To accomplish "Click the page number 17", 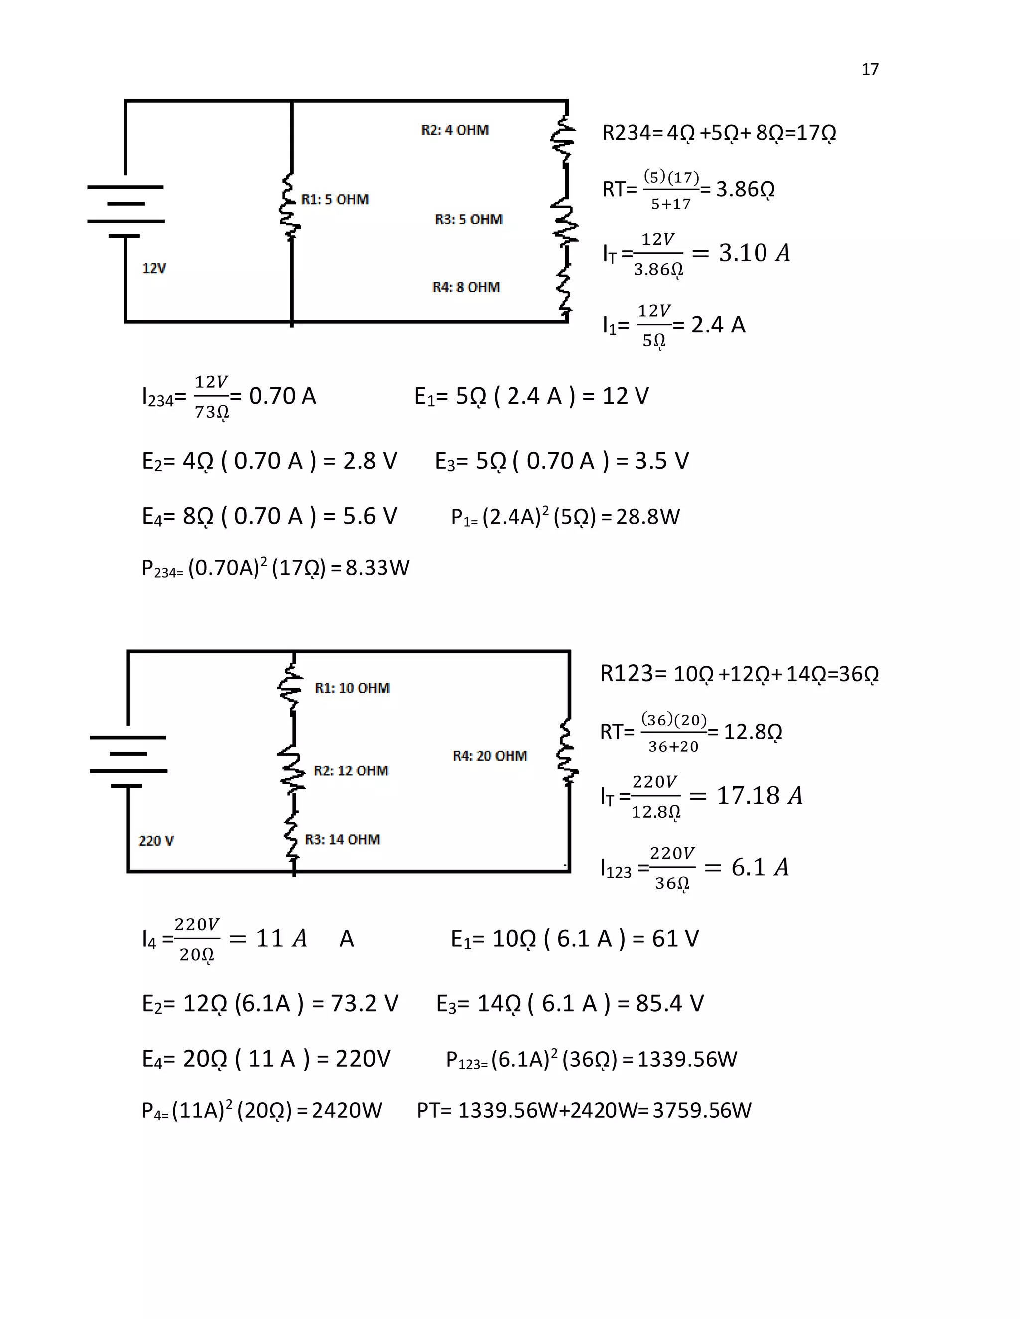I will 870,70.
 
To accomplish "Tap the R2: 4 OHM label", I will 454,130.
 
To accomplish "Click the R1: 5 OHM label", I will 335,199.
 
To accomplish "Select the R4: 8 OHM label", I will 466,288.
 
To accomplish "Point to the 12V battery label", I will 154,269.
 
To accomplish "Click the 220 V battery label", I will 156,841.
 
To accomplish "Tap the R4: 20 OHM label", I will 490,756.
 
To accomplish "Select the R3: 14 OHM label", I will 342,840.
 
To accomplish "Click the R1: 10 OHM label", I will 352,688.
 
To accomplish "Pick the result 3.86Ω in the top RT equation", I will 745,190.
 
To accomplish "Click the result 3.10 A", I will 754,253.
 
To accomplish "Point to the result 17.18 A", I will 760,796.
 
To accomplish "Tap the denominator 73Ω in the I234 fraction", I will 211,413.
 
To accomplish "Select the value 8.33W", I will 378,568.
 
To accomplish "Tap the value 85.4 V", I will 669,1004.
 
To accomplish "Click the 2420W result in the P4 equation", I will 347,1110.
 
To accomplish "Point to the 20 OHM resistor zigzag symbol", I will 567,753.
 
